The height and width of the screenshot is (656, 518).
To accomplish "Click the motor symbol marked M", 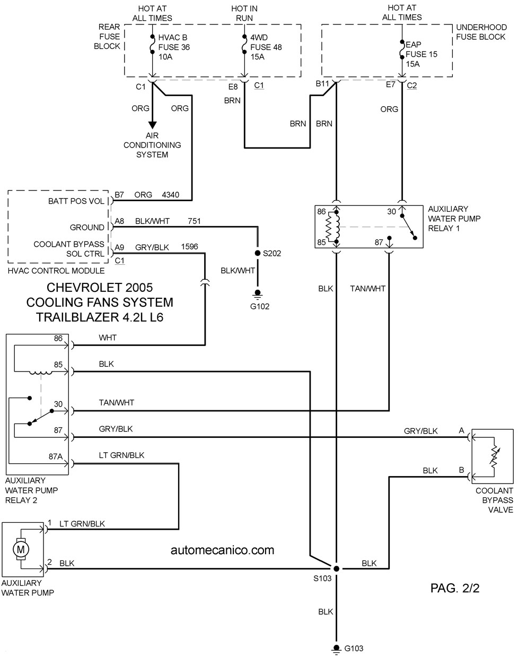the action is pyautogui.click(x=21, y=549).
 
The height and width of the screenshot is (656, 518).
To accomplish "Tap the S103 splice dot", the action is pyautogui.click(x=336, y=568).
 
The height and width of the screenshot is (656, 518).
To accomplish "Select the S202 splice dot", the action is pyautogui.click(x=258, y=253).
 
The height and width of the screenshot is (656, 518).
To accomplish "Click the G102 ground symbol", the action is pyautogui.click(x=258, y=294).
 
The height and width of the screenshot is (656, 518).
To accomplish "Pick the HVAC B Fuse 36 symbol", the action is pyautogui.click(x=152, y=44).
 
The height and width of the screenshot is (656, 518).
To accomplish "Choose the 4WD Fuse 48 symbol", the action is pyautogui.click(x=244, y=44).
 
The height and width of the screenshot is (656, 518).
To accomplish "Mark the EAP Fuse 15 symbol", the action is pyautogui.click(x=402, y=49).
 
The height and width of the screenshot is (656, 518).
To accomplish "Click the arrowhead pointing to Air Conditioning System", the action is pyautogui.click(x=152, y=125).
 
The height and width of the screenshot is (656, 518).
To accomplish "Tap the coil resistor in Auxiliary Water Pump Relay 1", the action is pyautogui.click(x=329, y=227).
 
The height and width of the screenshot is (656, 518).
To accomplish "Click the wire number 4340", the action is pyautogui.click(x=170, y=195).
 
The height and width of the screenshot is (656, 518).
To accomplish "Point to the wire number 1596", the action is pyautogui.click(x=189, y=247).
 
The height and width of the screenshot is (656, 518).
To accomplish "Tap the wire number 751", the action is pyautogui.click(x=194, y=221).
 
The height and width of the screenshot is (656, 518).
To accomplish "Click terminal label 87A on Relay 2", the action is pyautogui.click(x=56, y=456).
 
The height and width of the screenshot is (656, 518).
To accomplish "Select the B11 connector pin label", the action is pyautogui.click(x=322, y=84).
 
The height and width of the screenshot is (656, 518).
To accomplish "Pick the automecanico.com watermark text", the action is pyautogui.click(x=222, y=550).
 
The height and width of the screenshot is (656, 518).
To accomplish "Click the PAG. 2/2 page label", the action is pyautogui.click(x=455, y=588).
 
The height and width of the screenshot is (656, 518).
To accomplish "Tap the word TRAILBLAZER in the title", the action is pyautogui.click(x=77, y=317).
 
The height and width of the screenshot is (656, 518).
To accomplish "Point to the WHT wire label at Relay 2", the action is pyautogui.click(x=108, y=338).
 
